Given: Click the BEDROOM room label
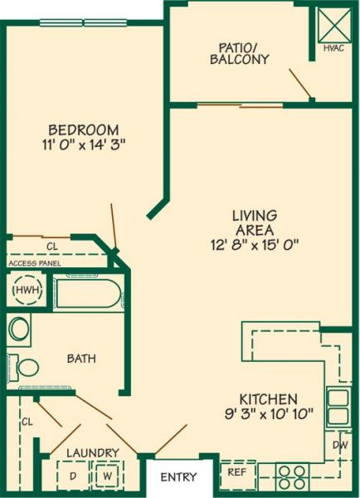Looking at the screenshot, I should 83,129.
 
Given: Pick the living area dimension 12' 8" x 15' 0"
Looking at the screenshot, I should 254,244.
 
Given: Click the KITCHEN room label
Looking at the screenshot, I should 269,399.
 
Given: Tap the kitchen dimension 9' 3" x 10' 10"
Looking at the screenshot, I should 269,414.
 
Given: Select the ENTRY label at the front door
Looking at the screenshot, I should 178,477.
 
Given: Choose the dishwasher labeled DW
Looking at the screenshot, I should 341,445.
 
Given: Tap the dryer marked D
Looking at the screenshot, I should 71,476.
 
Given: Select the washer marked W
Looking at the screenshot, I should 107,476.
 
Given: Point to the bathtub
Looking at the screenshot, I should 87,294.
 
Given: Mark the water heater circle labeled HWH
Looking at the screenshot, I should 27,291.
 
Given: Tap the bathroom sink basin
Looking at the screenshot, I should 20,329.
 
